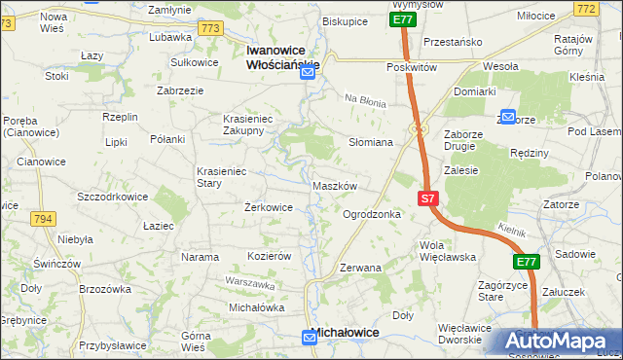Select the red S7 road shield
[x=428, y=198]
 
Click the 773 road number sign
[x=210, y=29]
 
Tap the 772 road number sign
[x=611, y=9]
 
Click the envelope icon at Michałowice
[x=310, y=337]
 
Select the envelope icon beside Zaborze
[x=507, y=115]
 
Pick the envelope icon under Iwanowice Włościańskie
[x=308, y=72]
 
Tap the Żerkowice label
[x=268, y=207]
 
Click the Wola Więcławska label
[x=446, y=251]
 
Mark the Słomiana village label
[x=370, y=142]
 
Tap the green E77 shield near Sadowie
[x=526, y=262]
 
